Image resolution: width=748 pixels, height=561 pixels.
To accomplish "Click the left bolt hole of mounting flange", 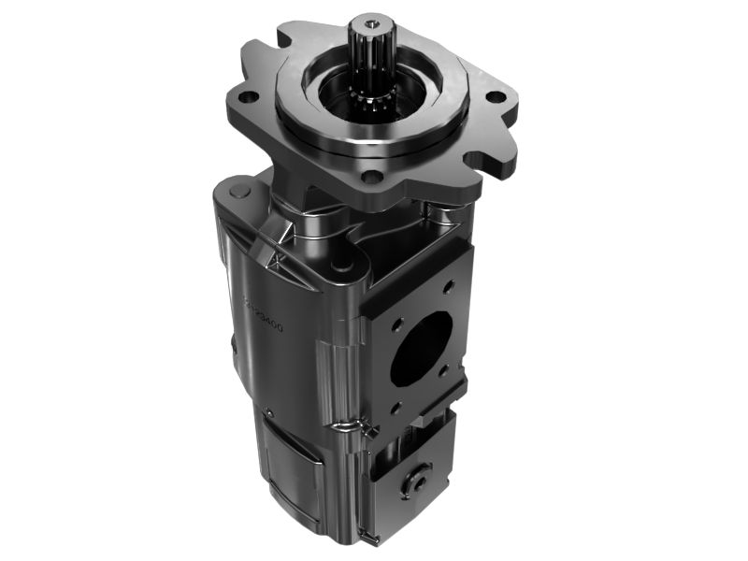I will tap(249, 96).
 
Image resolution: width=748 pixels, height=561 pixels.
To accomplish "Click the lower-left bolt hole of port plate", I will tap(396, 408).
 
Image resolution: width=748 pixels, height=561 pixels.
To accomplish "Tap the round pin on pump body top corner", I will tap(237, 191).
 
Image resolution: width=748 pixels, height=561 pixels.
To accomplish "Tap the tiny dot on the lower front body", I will tap(267, 408).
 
